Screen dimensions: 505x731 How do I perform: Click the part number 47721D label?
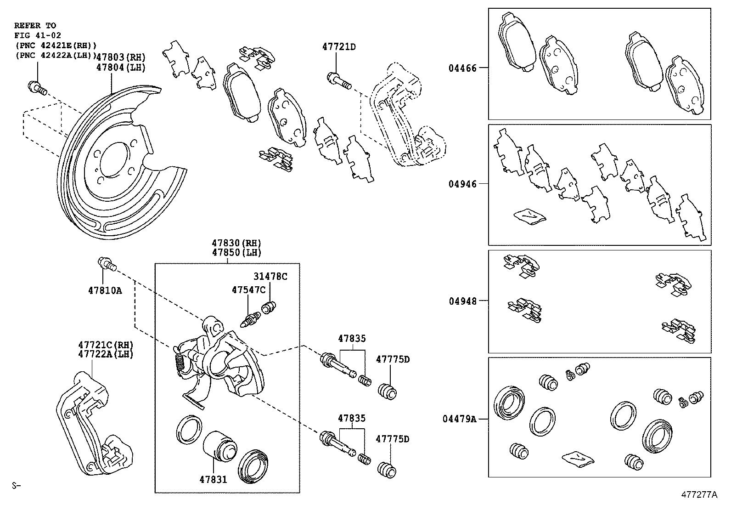point(339,46)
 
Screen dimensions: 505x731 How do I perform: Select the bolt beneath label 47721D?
point(338,81)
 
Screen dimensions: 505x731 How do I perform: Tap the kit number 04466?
point(462,68)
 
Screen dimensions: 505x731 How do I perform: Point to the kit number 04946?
point(462,184)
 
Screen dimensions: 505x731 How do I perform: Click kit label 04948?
point(462,301)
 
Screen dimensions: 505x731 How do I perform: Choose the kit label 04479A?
point(460,419)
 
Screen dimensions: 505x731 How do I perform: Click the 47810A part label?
point(105,290)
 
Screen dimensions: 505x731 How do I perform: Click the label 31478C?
point(270,276)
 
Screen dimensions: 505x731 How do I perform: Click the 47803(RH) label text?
point(121,57)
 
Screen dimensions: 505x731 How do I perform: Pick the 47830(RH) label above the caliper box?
point(236,243)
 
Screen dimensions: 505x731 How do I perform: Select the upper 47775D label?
point(393,359)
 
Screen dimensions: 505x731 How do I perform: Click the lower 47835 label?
point(352,418)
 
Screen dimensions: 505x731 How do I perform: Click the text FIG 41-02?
point(37,35)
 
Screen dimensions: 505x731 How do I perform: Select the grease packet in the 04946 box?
point(529,216)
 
